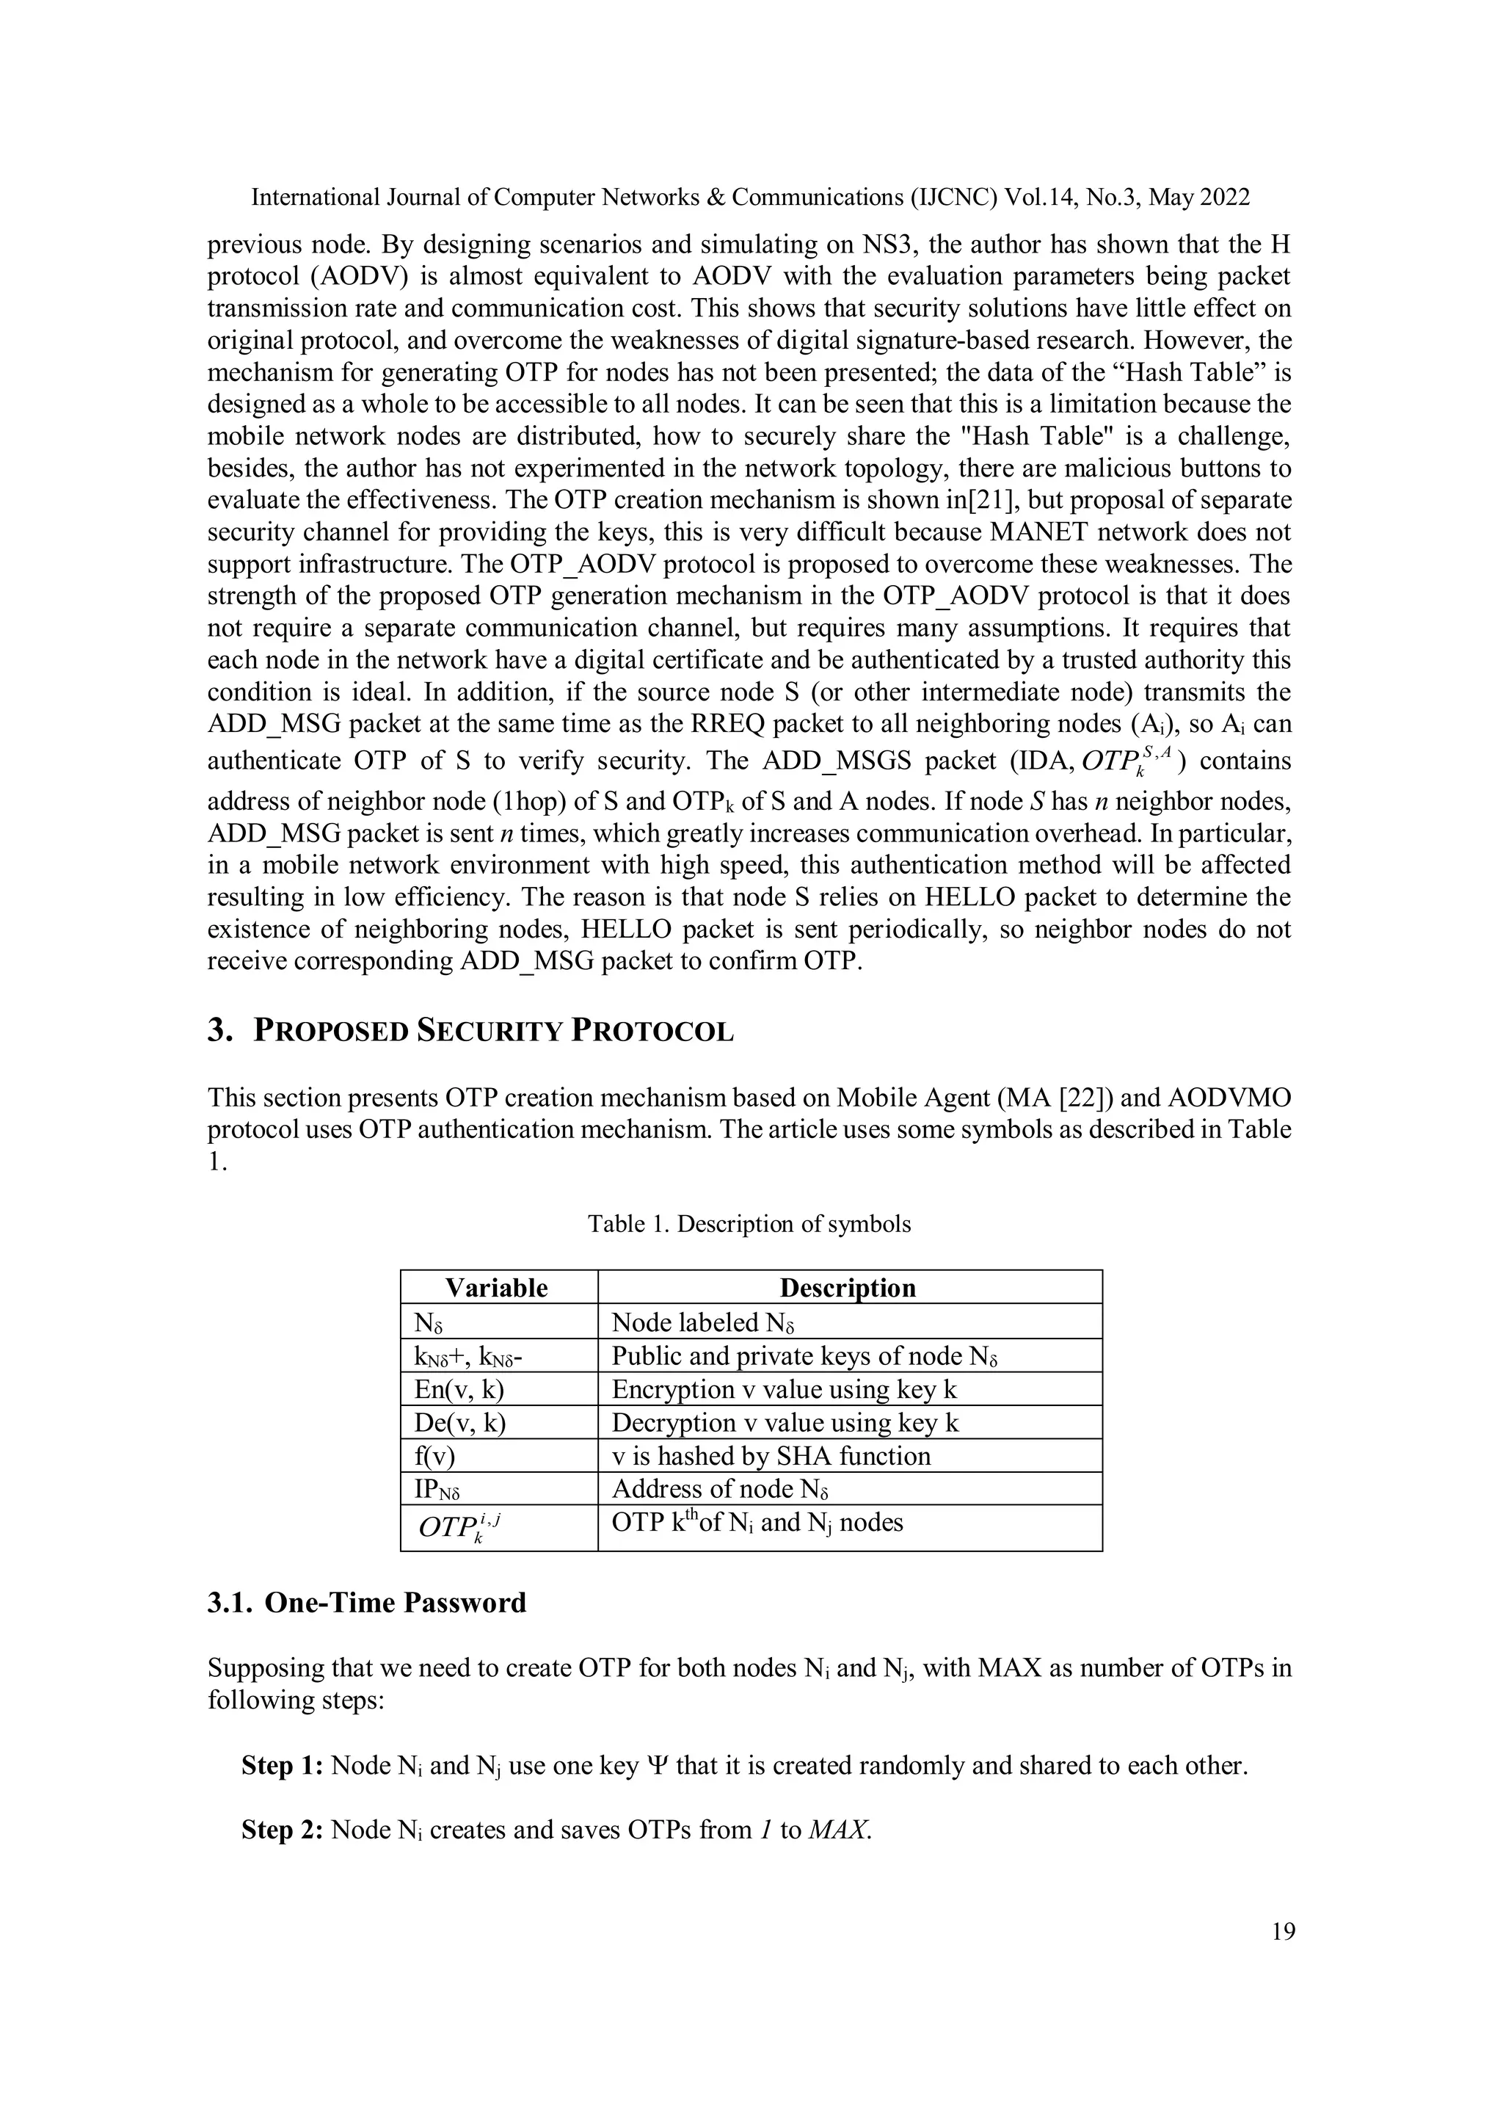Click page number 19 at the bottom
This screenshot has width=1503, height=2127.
[x=1284, y=1932]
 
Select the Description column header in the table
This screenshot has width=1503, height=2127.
[x=848, y=1288]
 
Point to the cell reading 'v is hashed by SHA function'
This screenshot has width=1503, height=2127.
[x=771, y=1455]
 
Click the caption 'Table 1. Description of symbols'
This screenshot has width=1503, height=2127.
[x=749, y=1224]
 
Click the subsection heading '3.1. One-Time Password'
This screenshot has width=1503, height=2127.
[x=367, y=1603]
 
